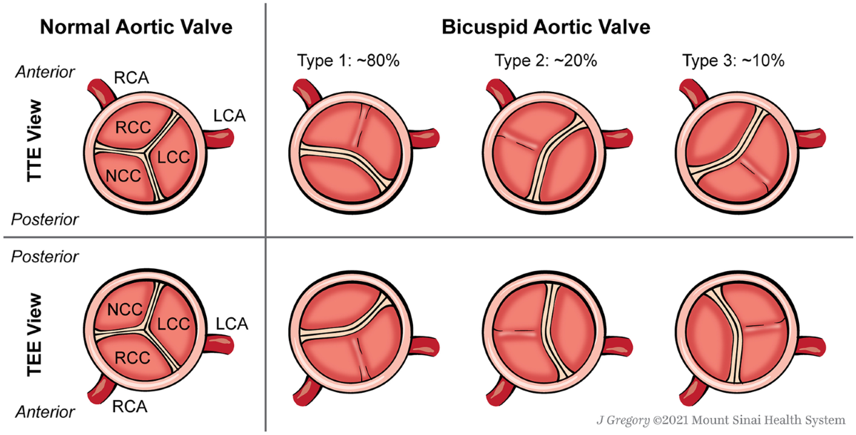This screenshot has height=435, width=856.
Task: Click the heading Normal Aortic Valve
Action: tap(136, 28)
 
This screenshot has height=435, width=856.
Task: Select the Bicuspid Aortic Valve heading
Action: tap(546, 28)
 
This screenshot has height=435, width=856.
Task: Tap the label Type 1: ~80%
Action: tap(348, 61)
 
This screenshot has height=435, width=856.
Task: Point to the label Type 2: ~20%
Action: tap(546, 61)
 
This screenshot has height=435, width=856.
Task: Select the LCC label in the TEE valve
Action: tap(173, 324)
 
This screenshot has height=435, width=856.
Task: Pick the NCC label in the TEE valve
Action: tap(124, 309)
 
